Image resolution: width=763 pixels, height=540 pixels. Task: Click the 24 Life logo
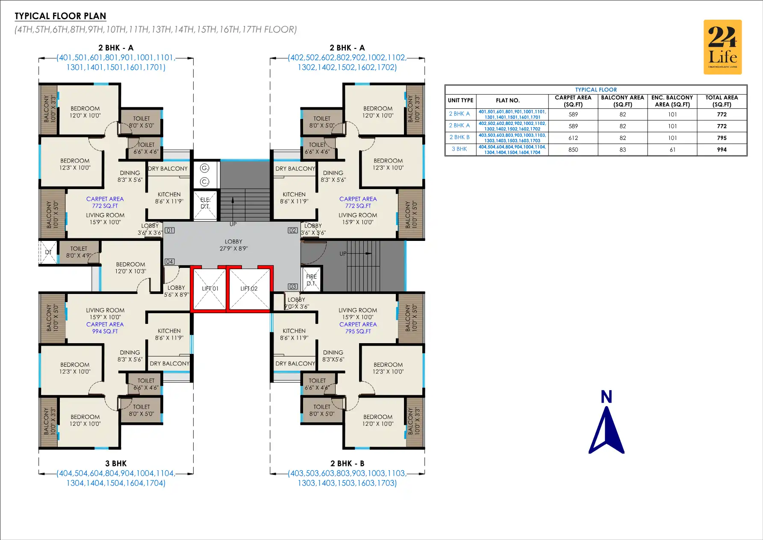(722, 47)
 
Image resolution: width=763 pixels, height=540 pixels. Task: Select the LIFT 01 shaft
(209, 289)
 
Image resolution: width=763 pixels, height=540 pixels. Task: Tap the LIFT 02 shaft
(249, 289)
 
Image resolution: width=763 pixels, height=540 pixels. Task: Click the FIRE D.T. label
(311, 280)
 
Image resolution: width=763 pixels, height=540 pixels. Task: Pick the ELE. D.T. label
(205, 203)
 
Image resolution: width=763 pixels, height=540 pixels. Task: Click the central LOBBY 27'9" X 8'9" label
(233, 245)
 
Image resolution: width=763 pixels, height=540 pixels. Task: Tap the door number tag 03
(292, 287)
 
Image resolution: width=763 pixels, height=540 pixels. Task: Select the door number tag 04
(170, 261)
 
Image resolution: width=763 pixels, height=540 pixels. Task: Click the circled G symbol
(205, 168)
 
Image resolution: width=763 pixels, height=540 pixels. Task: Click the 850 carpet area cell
(573, 150)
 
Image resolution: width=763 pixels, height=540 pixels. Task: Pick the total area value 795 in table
(722, 138)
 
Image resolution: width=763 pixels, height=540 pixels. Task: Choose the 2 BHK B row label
(460, 137)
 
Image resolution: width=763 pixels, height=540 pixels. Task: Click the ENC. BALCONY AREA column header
(672, 101)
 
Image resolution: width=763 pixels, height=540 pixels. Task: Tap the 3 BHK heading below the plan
(116, 463)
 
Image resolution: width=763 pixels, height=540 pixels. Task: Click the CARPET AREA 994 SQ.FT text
(105, 328)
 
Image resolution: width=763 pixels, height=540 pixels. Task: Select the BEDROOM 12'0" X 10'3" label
(130, 268)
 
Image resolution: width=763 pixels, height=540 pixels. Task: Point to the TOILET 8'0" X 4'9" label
(79, 252)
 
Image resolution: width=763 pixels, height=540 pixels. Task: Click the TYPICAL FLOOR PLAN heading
(60, 16)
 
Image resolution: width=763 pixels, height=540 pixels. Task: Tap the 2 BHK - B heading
(347, 463)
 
